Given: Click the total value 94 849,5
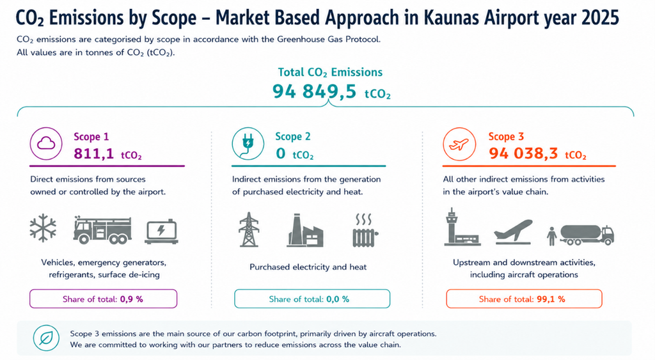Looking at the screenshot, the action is [314, 91].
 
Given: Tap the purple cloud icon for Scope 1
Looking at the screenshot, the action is [46, 144].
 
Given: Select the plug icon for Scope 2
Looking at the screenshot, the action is [248, 144].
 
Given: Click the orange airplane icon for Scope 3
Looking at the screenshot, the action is [459, 144].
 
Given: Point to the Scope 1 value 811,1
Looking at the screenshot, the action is [94, 153].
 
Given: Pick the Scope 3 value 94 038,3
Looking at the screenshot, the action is [523, 153].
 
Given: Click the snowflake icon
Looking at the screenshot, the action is [43, 228].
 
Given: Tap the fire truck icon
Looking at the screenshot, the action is [102, 230].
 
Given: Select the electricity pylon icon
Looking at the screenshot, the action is [249, 230].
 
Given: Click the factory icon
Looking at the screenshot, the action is [305, 230].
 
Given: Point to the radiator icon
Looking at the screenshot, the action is [365, 230].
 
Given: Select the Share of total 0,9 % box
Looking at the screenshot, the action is [103, 299].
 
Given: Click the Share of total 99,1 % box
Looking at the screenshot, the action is [524, 299].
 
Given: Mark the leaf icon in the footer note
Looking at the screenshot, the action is [46, 338].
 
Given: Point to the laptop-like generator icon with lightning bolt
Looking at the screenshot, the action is [162, 231].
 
